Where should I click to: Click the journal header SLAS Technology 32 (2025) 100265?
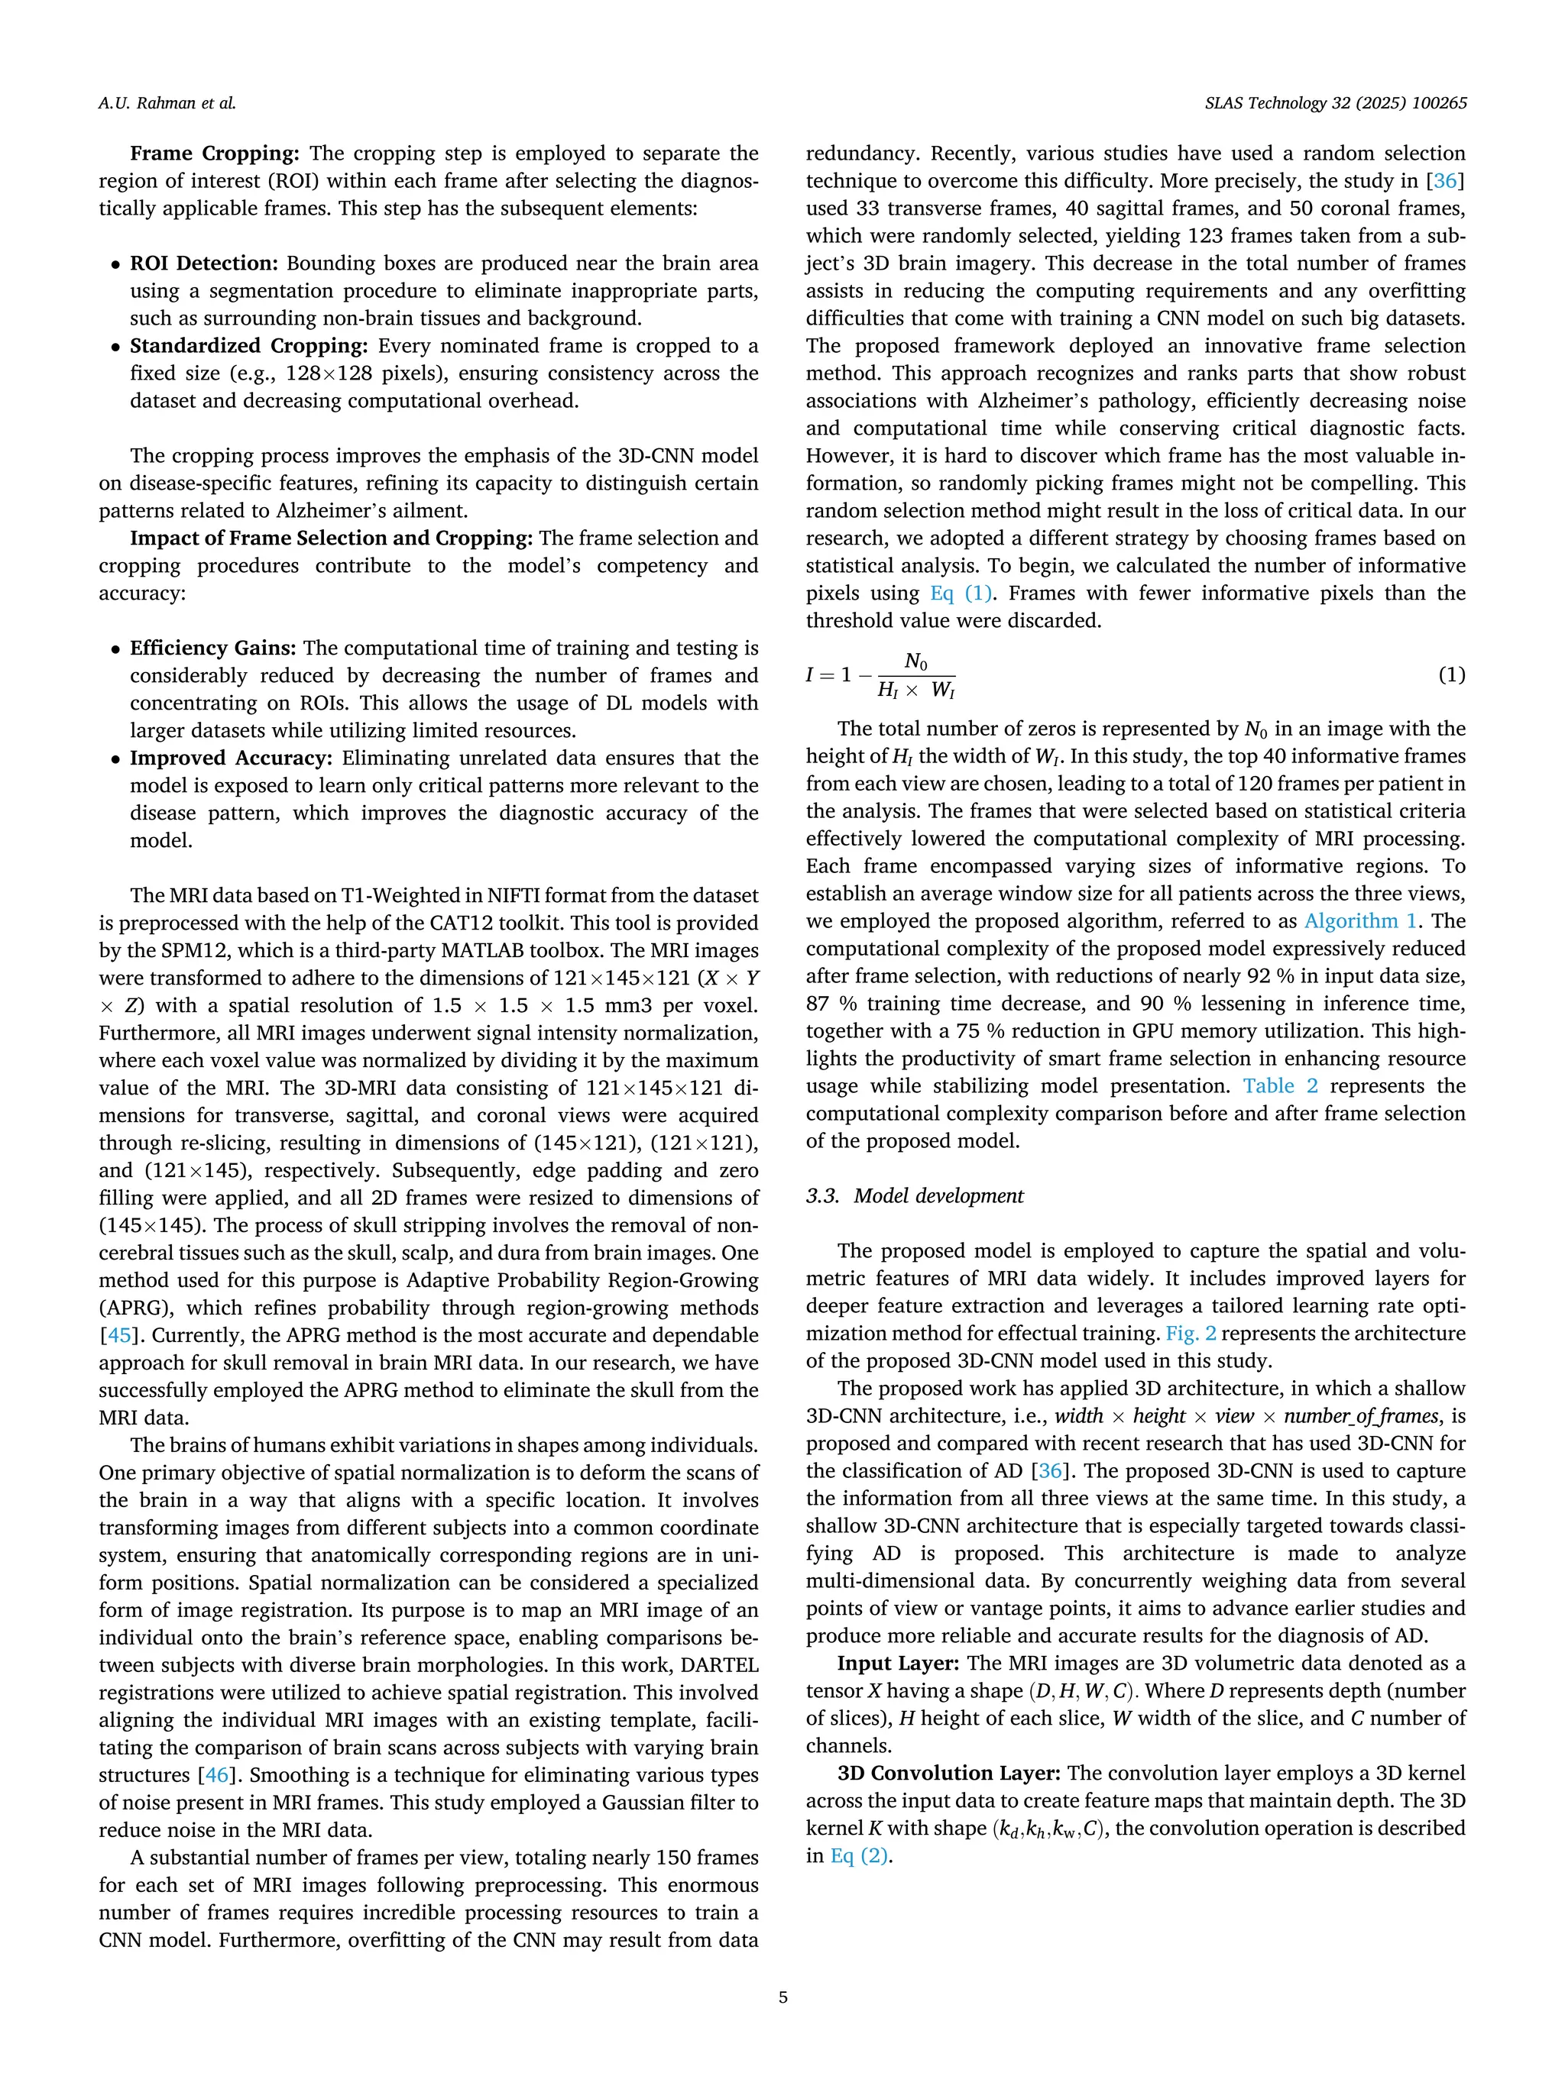click(1336, 104)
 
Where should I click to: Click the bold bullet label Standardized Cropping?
click(247, 346)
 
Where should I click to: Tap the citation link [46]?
click(217, 1775)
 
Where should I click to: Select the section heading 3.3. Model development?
click(914, 1196)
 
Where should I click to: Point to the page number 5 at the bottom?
click(782, 1997)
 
